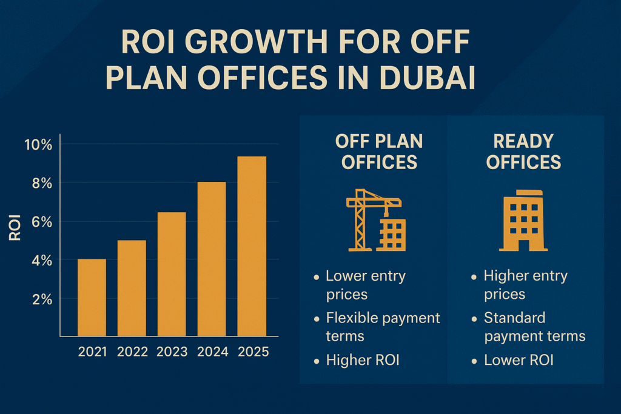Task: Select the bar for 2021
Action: (x=92, y=297)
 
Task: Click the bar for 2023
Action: (x=172, y=274)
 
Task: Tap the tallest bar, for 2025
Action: (x=252, y=246)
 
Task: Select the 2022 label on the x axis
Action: (x=132, y=352)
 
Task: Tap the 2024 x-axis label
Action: (x=212, y=352)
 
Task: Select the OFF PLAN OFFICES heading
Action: (x=379, y=152)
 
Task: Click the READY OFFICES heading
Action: (x=523, y=152)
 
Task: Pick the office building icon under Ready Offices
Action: (x=523, y=221)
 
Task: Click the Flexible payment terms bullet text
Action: (x=382, y=326)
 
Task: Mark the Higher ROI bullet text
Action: (x=363, y=360)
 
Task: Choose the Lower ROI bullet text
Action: (x=519, y=360)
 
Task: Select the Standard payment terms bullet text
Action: (x=534, y=326)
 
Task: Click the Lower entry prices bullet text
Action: (x=365, y=285)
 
